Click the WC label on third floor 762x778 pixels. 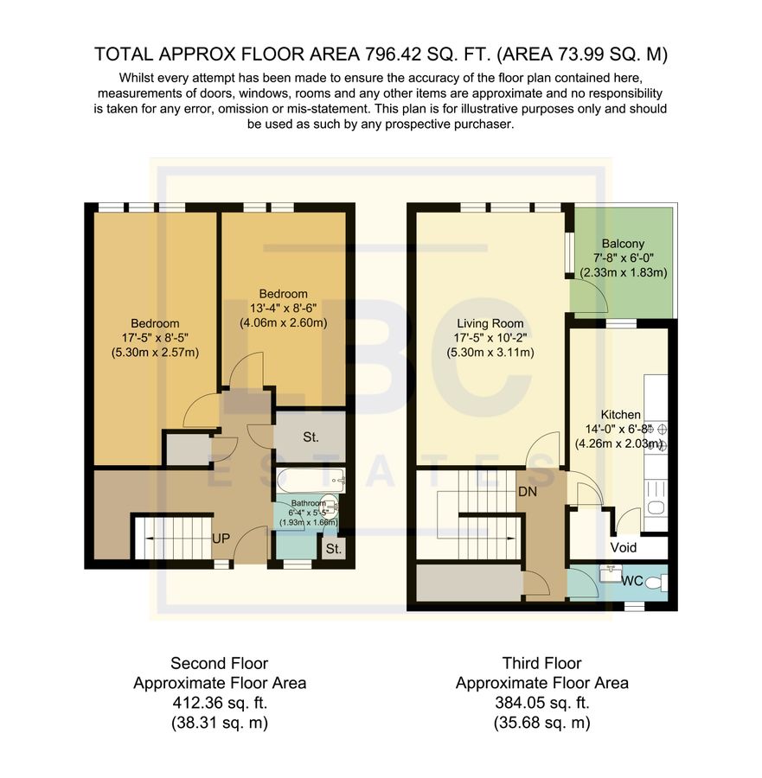click(633, 581)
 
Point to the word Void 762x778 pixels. click(624, 547)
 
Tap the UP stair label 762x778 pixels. click(221, 539)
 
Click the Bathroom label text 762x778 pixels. click(308, 502)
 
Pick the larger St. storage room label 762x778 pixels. click(311, 437)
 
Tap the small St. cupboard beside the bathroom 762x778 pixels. click(332, 548)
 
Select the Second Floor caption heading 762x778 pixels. click(219, 664)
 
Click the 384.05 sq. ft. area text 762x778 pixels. click(541, 702)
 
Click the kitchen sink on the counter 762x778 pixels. click(656, 508)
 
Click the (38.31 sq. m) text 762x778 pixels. click(219, 721)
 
